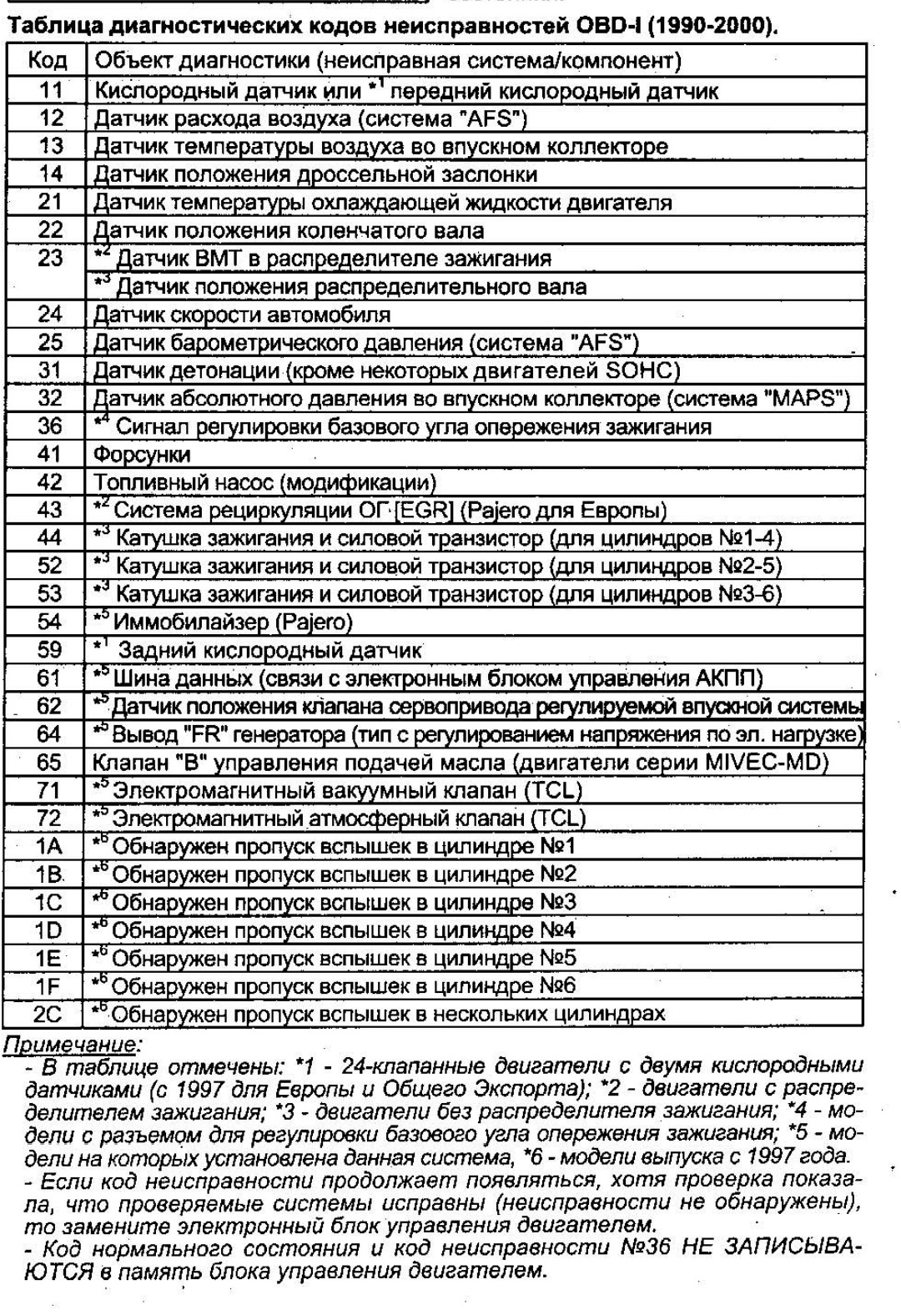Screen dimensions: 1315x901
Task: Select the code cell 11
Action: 50,89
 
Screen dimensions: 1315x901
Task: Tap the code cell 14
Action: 50,174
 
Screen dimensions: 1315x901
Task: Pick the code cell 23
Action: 50,259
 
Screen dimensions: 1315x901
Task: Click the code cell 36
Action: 50,426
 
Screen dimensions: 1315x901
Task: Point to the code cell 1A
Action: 49,846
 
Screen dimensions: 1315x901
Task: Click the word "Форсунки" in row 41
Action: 142,455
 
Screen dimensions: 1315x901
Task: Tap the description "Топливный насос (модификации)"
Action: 264,482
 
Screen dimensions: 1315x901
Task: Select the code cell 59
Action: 50,650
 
